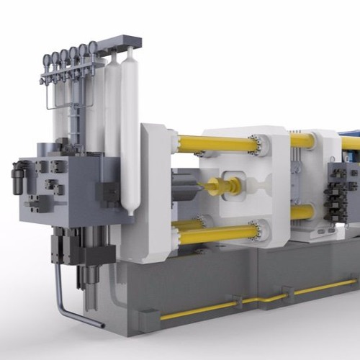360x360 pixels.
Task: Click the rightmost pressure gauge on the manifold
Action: [93, 48]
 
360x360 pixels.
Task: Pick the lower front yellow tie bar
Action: [216, 234]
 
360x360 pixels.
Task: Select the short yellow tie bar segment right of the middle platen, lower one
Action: [302, 212]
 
